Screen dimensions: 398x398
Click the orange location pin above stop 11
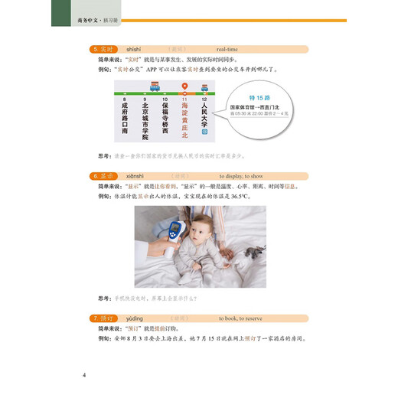coord(184,86)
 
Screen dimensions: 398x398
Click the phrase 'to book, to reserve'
coord(245,316)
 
